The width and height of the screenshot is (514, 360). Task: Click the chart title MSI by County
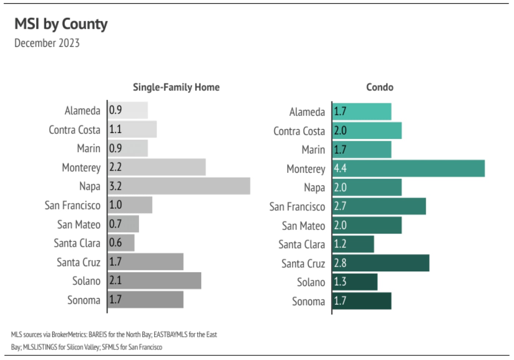[61, 24]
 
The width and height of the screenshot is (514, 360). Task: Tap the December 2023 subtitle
[47, 43]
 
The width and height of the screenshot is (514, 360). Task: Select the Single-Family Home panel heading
[176, 87]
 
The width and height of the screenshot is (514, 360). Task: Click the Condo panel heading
[380, 87]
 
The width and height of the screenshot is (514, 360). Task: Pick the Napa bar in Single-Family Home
[179, 186]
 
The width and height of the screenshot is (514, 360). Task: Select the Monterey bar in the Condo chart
[408, 168]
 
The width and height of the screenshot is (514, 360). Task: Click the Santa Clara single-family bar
[121, 243]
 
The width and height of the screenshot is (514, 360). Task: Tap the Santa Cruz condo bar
[381, 263]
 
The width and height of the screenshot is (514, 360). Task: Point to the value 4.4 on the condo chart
[340, 168]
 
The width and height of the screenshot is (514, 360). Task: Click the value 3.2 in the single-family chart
[115, 186]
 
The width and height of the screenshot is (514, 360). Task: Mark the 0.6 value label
[115, 243]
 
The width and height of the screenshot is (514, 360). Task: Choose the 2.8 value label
[340, 263]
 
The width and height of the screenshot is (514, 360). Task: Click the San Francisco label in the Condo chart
[297, 207]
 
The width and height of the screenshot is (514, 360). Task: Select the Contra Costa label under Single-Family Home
[74, 130]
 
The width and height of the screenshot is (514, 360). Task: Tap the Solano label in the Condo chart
[311, 282]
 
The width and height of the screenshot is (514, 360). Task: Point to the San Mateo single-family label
[78, 225]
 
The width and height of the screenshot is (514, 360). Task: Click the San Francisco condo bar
[379, 206]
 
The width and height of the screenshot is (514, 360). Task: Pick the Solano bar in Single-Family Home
[154, 280]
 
